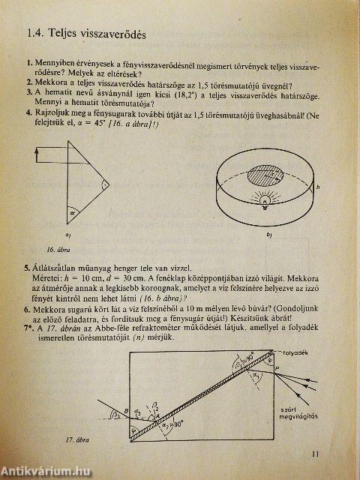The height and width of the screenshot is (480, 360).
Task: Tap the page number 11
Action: (313, 452)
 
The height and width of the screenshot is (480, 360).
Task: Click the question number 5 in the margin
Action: (28, 268)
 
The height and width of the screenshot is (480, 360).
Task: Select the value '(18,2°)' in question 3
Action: (150, 91)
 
